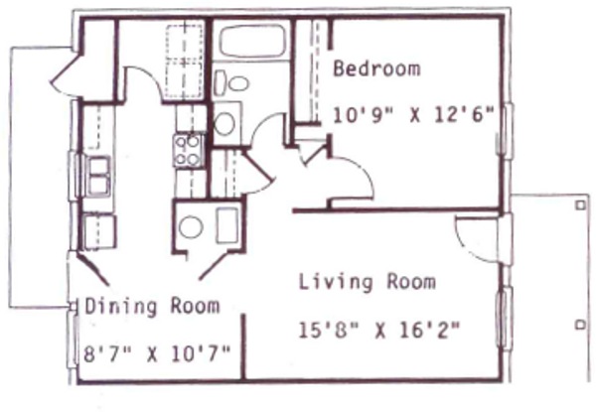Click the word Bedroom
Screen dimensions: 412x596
pos(375,69)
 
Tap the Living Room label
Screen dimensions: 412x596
pos(367,282)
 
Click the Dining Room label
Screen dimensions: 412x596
pos(151,306)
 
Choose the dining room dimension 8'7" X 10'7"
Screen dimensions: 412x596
pos(157,351)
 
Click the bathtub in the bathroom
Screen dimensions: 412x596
pos(252,42)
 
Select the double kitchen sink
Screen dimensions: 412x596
pos(98,177)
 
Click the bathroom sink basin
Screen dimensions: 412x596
pos(225,123)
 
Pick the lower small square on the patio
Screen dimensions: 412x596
pos(579,324)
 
